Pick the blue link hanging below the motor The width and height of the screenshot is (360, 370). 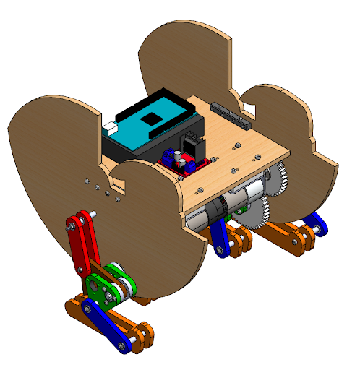tap(220, 239)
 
